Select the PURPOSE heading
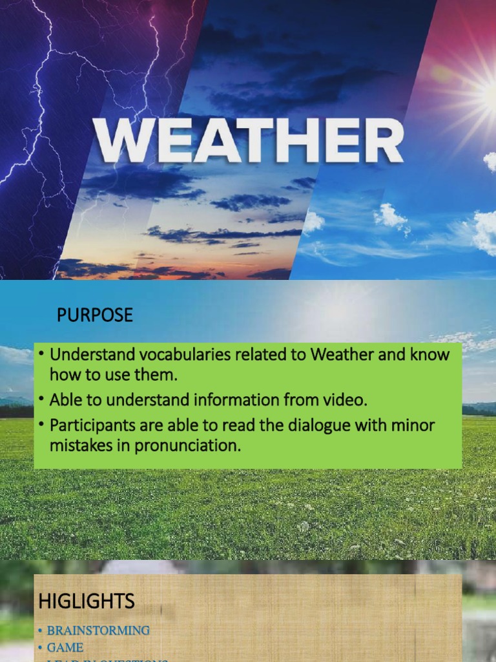94,315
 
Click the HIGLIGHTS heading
87,601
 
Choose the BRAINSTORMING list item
98,630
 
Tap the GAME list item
65,647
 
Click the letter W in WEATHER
120,140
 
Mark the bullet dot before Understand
41,355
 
